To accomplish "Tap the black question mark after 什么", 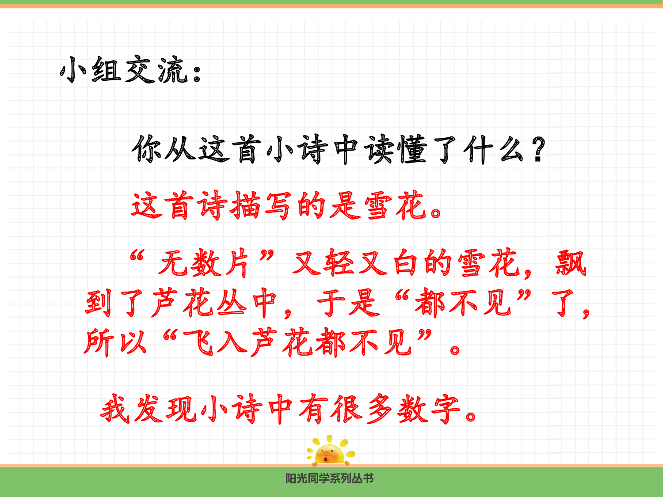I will point(538,149).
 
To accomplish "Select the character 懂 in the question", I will point(412,149).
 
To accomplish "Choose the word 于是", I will point(349,304).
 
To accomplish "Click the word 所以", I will point(115,342).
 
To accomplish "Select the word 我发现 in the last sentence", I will point(149,409).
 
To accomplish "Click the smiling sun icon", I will point(330,451).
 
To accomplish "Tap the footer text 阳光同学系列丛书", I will point(329,478).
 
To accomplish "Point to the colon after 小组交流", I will point(197,73).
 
